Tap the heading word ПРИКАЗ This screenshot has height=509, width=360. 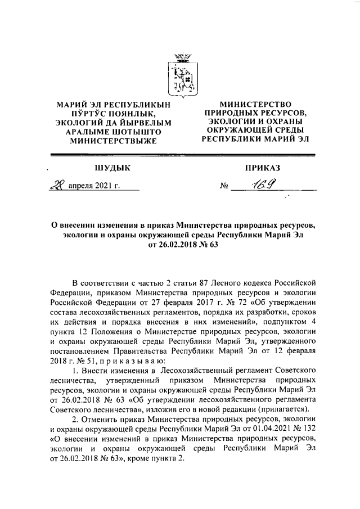[262, 168]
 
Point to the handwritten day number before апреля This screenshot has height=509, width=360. [57, 186]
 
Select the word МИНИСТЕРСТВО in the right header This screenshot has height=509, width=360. [256, 104]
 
